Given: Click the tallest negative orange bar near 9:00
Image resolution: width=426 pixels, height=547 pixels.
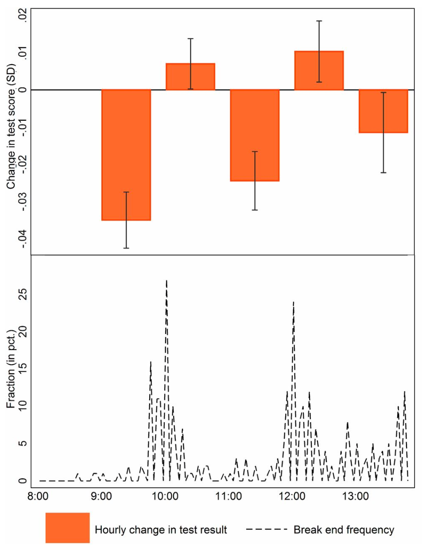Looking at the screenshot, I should tap(126, 155).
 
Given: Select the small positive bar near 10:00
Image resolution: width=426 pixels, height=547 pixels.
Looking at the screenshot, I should tap(190, 77).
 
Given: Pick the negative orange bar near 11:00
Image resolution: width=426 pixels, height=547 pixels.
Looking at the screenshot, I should tap(254, 135).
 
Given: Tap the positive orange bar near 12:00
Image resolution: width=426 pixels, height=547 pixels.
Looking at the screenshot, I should tap(319, 71).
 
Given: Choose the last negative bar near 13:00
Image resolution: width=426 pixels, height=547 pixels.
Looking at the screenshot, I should tap(383, 111).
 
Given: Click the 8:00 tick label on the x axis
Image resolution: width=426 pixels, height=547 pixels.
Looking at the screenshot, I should tap(38, 496).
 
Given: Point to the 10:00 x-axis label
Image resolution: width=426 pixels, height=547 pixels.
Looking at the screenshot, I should tap(165, 496).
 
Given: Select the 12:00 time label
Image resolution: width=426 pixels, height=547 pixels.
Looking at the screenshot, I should tap(292, 496).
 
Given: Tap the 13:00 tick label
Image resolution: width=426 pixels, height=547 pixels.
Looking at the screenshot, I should tap(356, 496).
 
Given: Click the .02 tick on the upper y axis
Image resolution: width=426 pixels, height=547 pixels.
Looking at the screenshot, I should tap(22, 16).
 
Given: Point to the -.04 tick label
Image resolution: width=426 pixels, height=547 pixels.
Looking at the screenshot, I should tap(22, 239).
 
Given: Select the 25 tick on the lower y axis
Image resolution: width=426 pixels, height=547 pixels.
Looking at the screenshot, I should tap(22, 294).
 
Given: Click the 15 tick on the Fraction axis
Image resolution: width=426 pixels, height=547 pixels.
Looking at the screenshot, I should tap(22, 369).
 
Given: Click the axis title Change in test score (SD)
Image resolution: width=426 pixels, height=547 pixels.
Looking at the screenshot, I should tap(11, 127).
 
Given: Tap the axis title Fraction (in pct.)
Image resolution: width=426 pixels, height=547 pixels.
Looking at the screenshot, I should tap(11, 369).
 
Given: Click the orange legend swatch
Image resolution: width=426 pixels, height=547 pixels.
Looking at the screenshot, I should tap(67, 528).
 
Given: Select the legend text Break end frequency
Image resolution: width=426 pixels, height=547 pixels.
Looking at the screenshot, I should tap(344, 530).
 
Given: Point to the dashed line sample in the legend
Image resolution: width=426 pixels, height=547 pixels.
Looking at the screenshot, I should tap(267, 529).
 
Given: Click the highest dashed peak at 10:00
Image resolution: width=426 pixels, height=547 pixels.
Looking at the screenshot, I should tap(167, 281).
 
